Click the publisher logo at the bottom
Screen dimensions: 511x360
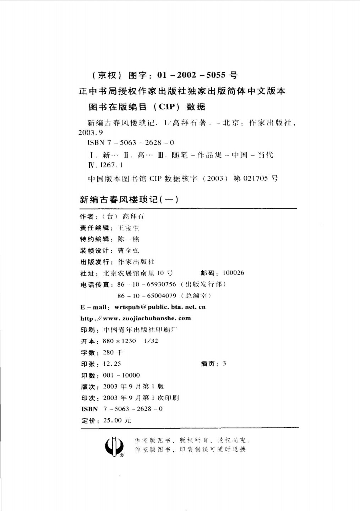pyautogui.click(x=114, y=446)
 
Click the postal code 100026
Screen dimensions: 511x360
pyautogui.click(x=233, y=273)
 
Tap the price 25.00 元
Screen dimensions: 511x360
pyautogui.click(x=117, y=420)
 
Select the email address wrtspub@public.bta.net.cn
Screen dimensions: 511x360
pyautogui.click(x=160, y=307)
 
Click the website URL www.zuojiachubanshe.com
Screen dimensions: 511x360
pyautogui.click(x=147, y=318)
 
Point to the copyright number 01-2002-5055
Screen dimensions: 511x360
pyautogui.click(x=191, y=75)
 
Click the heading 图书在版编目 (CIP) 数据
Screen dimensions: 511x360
pyautogui.click(x=147, y=107)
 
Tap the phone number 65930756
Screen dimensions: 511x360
pyautogui.click(x=161, y=284)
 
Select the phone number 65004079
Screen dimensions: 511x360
pyautogui.click(x=161, y=295)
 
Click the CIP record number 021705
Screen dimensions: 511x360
pyautogui.click(x=255, y=178)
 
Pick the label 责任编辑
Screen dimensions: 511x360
pyautogui.click(x=94, y=228)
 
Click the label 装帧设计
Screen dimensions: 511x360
pyautogui.click(x=94, y=251)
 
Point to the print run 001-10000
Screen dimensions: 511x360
pyautogui.click(x=121, y=375)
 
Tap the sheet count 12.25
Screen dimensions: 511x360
pyautogui.click(x=112, y=364)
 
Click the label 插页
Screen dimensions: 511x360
pyautogui.click(x=209, y=363)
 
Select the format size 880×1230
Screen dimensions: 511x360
pyautogui.click(x=119, y=341)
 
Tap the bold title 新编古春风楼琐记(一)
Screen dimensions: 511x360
pyautogui.click(x=129, y=200)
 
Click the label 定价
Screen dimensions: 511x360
pyautogui.click(x=89, y=421)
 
